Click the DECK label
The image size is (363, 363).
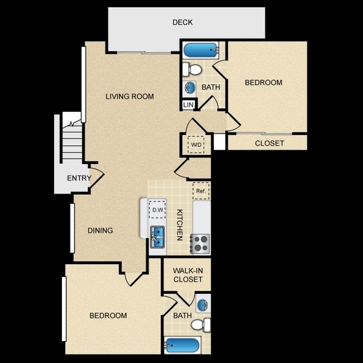[x=183, y=22]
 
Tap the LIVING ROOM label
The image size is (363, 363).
[x=130, y=96]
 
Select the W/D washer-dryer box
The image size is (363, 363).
[x=196, y=145]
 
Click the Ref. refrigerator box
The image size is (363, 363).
[x=201, y=191]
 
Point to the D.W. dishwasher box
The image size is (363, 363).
[x=157, y=210]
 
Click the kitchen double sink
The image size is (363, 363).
[x=157, y=237]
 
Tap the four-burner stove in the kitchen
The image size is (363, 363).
[x=200, y=244]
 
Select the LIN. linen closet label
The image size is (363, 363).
[x=189, y=105]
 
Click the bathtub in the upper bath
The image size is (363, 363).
[x=202, y=50]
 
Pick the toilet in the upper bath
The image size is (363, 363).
[x=192, y=69]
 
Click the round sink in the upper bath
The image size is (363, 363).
[x=189, y=88]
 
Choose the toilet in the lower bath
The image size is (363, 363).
[x=201, y=324]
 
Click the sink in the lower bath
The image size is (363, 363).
[x=203, y=303]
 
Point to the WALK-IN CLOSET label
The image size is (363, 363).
[x=188, y=275]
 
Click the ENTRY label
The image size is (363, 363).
[x=79, y=178]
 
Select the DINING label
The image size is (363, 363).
[x=100, y=230]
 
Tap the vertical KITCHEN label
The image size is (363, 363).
[x=180, y=225]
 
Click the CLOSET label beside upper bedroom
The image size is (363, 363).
[x=270, y=144]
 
